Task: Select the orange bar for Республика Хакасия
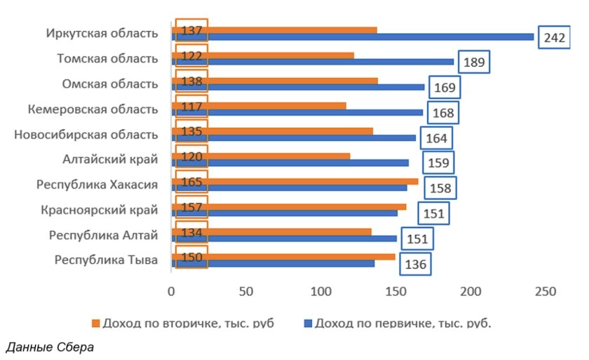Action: point(302,181)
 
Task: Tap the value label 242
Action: point(554,37)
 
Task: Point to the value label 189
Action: point(474,62)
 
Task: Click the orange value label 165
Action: point(191,182)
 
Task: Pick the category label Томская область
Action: point(107,59)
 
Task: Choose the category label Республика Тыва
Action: point(106,260)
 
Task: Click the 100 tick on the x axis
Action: point(321,291)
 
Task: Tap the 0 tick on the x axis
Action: point(170,291)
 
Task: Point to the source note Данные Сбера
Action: point(48,347)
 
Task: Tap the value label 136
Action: point(414,265)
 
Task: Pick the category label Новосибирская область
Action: point(86,135)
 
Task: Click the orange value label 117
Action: point(191,107)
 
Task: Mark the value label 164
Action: point(436,138)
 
